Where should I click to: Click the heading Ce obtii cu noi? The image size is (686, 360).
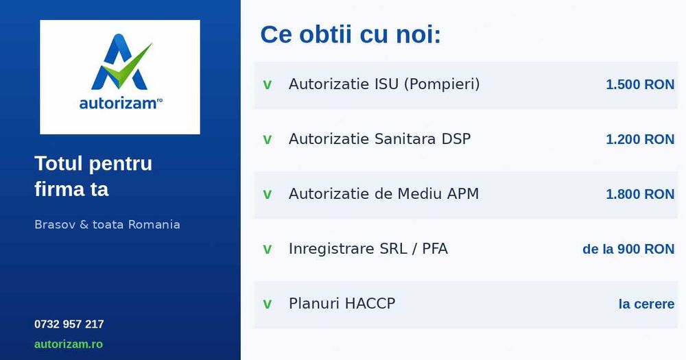(350, 34)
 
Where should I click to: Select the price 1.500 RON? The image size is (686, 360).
(639, 84)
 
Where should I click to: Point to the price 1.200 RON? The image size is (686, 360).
(639, 139)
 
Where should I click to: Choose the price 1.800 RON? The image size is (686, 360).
(639, 194)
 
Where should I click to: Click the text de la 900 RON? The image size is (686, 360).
(628, 249)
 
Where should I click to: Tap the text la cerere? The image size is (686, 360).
(646, 304)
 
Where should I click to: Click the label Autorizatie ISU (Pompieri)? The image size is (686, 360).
(383, 84)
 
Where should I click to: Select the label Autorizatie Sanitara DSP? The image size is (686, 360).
(379, 139)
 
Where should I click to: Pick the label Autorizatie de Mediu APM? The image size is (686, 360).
(383, 194)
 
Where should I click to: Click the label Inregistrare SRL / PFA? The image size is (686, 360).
(368, 249)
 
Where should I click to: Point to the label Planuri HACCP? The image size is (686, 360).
(342, 304)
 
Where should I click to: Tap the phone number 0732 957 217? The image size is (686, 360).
(69, 324)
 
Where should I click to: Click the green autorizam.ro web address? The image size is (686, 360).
(69, 344)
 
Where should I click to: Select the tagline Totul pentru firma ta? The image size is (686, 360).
(93, 176)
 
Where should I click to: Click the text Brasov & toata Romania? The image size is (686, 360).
(107, 225)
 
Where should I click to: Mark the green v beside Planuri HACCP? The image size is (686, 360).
(268, 304)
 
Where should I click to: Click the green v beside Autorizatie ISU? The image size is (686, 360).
(268, 85)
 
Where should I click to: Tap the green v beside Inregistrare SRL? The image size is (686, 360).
(268, 250)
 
